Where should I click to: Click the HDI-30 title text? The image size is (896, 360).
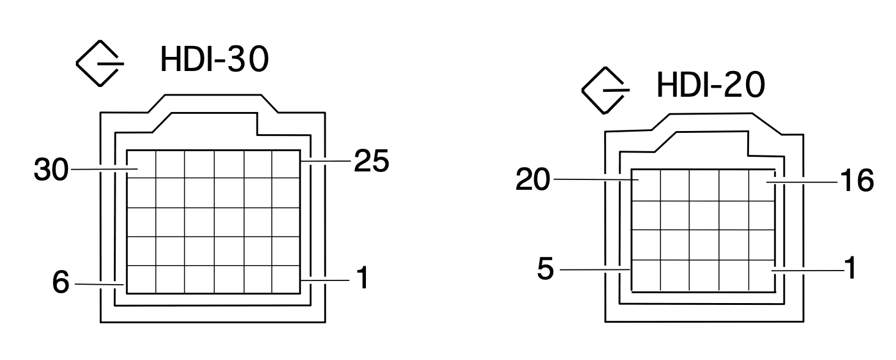click(214, 59)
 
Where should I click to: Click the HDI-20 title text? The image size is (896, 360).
click(710, 85)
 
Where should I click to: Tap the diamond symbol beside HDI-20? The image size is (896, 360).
click(603, 90)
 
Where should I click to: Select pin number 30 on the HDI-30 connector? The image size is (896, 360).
click(51, 170)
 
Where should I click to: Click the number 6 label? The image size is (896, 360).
click(61, 284)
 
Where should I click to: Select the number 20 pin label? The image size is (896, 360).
click(534, 181)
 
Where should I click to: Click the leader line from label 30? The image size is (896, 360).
click(101, 168)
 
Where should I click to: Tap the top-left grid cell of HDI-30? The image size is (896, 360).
click(141, 164)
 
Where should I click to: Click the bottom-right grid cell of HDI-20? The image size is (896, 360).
click(763, 275)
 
